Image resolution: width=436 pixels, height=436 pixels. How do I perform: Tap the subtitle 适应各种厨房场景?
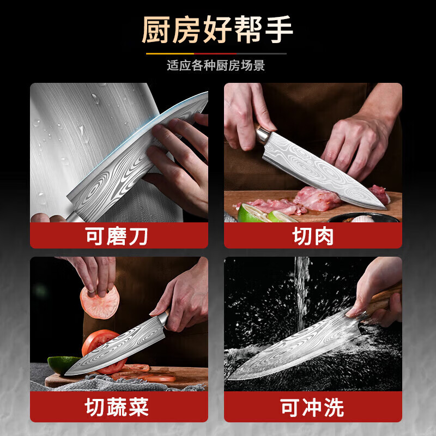click(216, 66)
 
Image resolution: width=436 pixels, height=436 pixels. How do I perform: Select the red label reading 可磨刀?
click(119, 236)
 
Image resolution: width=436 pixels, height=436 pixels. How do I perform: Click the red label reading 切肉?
click(313, 236)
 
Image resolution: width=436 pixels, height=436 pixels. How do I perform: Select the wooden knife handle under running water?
click(384, 300)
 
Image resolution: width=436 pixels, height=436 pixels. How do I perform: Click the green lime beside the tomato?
click(62, 364)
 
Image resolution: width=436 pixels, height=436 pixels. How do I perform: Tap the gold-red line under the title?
click(216, 53)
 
